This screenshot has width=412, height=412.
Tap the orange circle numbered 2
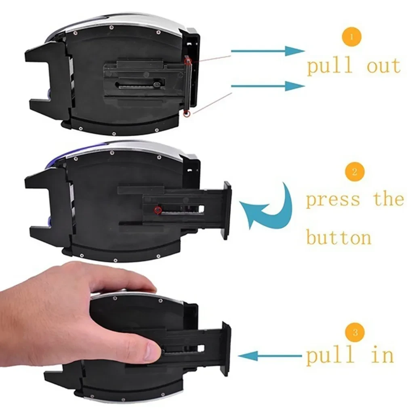coord(355,172)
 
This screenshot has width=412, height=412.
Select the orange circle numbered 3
coord(355,332)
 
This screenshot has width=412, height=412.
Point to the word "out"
coord(383,66)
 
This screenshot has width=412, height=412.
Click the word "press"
coord(332,200)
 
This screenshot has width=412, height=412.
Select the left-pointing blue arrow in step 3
coord(270,355)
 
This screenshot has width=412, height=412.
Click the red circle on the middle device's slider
coord(158,210)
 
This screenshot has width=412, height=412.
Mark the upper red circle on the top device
coord(188,61)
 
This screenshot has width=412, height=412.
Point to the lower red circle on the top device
coord(186,114)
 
